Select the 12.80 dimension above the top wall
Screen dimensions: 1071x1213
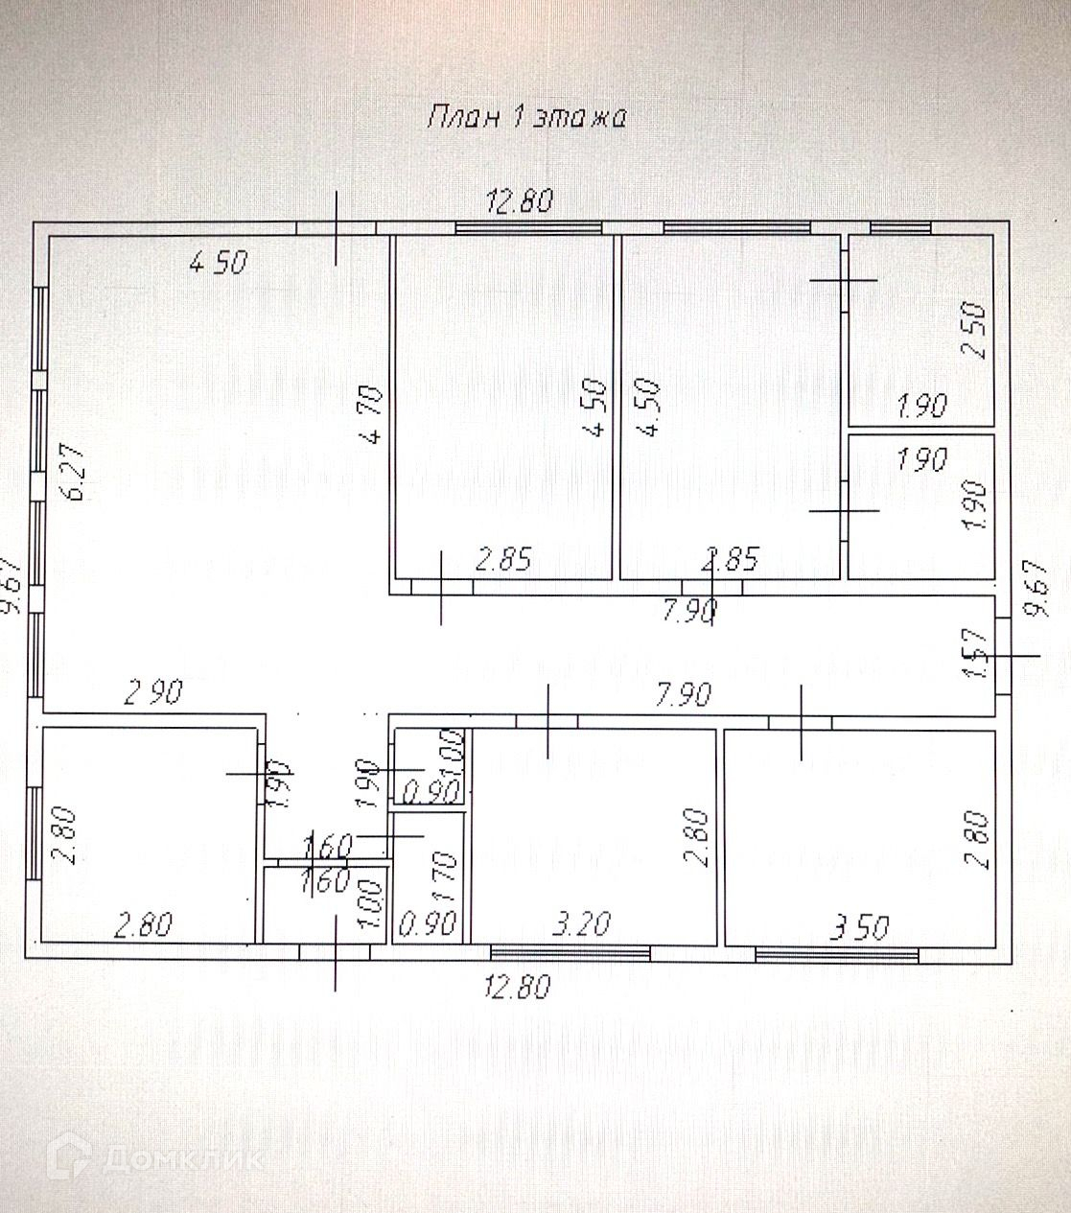point(520,201)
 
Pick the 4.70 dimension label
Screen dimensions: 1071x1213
point(373,414)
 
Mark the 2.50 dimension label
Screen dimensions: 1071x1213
point(974,331)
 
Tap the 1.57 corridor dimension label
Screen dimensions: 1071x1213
point(971,654)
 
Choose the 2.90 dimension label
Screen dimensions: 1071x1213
point(153,691)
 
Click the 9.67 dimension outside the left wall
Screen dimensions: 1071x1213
point(12,586)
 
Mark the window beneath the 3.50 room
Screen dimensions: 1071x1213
point(837,953)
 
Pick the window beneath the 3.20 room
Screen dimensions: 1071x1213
point(570,952)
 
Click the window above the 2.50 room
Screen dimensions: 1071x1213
point(899,227)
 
